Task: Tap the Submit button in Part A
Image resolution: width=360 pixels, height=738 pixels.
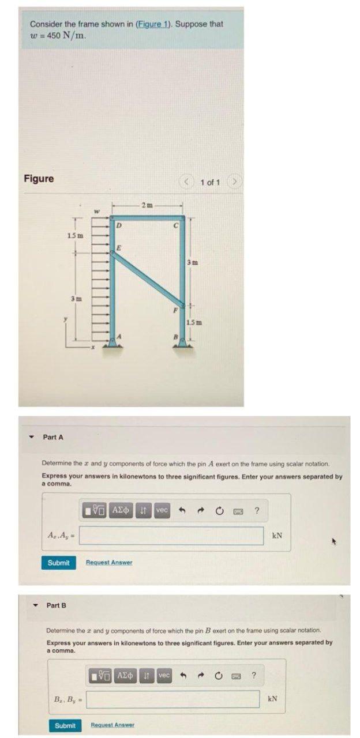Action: [x=58, y=562]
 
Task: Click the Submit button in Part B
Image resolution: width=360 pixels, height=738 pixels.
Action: [x=65, y=725]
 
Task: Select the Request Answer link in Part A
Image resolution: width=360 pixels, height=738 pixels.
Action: [x=109, y=562]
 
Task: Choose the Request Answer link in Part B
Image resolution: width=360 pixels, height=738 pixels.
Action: [x=112, y=725]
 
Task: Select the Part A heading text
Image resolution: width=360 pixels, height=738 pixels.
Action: [x=53, y=437]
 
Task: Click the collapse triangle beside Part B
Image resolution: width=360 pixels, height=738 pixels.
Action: [x=36, y=605]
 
